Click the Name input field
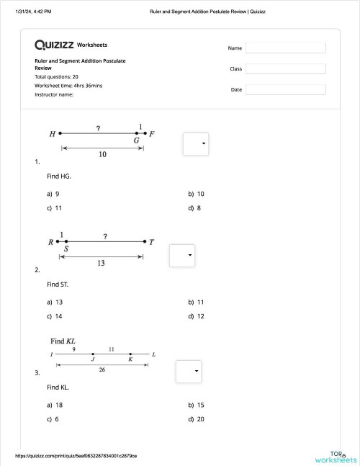coord(285,48)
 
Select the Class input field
coord(285,68)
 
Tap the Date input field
coord(285,89)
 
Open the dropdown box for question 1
coord(196,143)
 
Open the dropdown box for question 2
coord(182,255)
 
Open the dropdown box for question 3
coord(189,370)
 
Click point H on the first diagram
coord(60,133)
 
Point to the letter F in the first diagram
coord(152,133)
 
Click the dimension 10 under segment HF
coord(103,154)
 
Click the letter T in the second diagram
coord(151,242)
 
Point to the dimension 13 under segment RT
coord(101,264)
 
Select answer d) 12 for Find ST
coord(196,316)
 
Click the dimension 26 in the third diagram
coord(102,369)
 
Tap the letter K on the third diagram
coord(130,359)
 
